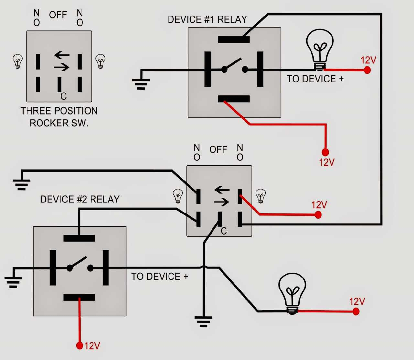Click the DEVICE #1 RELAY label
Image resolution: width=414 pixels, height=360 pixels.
point(207,19)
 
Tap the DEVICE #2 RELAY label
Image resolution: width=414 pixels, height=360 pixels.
point(80,199)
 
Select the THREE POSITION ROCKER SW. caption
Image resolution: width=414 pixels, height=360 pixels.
point(59,117)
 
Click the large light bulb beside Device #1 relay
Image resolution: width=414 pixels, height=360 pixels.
point(320,49)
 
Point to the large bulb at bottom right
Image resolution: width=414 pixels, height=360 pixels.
point(292,293)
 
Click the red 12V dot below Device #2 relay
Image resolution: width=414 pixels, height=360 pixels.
point(80,345)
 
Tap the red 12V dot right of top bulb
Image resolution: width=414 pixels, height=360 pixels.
point(367,70)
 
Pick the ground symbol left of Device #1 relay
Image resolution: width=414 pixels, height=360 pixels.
point(141,83)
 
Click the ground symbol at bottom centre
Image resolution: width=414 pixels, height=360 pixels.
point(203,321)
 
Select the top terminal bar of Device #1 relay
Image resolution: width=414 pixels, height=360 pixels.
point(234,39)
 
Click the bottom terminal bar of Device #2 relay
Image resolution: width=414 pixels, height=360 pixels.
point(79,298)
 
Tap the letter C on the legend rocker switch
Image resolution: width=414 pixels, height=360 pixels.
point(63,96)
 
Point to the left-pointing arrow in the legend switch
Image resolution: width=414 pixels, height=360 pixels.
point(62,55)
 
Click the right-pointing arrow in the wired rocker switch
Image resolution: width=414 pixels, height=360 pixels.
point(222,202)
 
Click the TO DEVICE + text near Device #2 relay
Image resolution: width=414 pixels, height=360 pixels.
point(159,277)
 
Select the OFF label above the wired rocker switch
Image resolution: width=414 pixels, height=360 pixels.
point(218,150)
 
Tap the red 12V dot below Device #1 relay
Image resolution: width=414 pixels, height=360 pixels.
point(325,152)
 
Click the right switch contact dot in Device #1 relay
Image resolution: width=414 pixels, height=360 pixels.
point(245,69)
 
